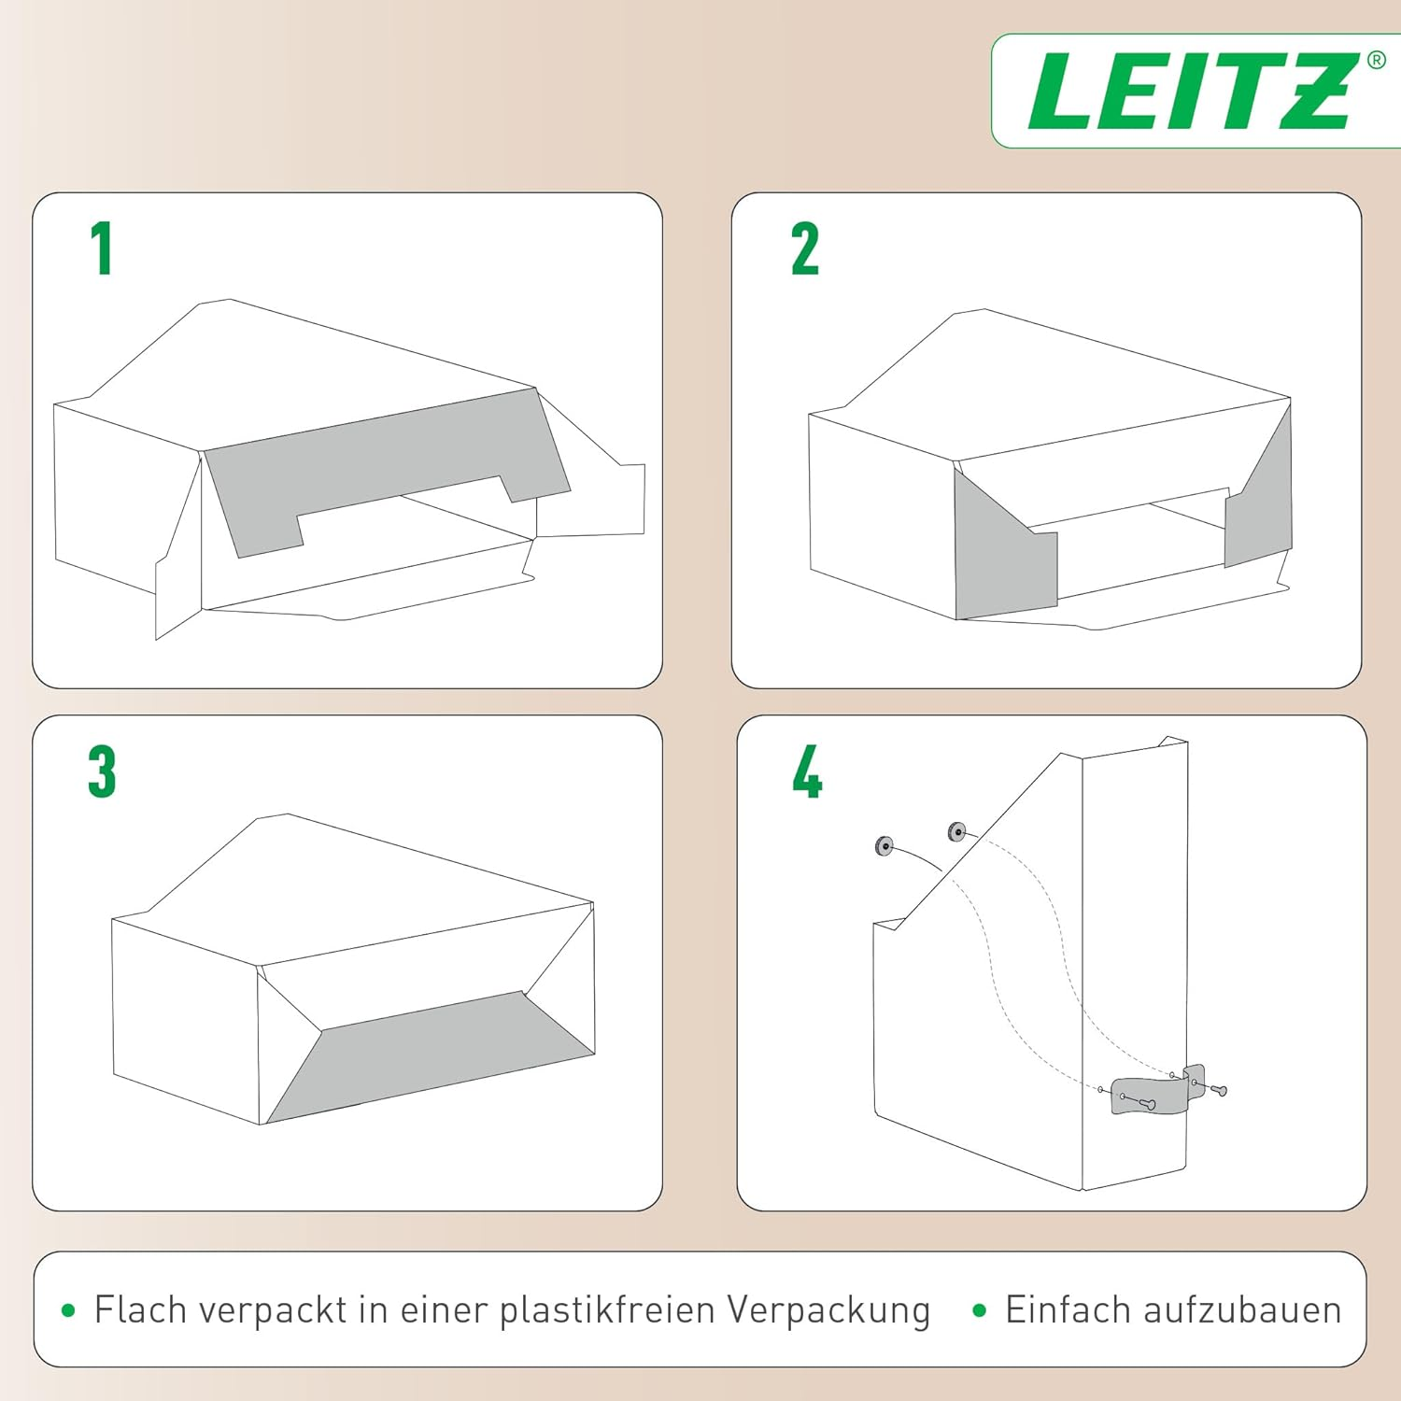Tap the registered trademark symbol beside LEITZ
point(1376,61)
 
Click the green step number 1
point(102,248)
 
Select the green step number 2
point(804,249)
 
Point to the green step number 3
point(102,771)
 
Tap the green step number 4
point(807,771)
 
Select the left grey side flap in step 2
point(1004,560)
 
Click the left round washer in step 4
point(884,846)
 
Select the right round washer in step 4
point(956,830)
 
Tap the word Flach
point(141,1309)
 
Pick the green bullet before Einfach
point(979,1310)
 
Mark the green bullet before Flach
point(67,1310)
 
